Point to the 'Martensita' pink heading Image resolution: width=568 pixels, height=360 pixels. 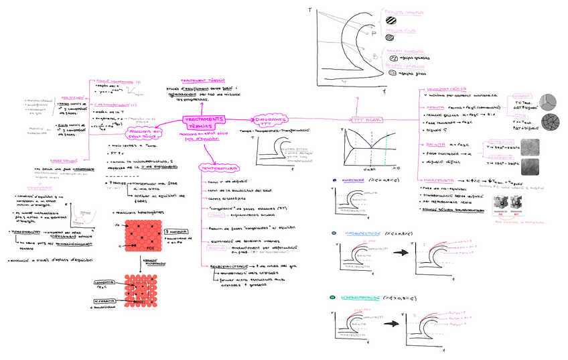coord(436,180)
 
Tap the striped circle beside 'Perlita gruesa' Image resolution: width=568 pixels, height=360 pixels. coord(390,20)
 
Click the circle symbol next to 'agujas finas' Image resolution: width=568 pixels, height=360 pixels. coord(393,73)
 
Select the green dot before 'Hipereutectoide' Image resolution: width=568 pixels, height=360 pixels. coord(333,296)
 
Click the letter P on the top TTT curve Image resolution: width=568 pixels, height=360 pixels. coord(366,33)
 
